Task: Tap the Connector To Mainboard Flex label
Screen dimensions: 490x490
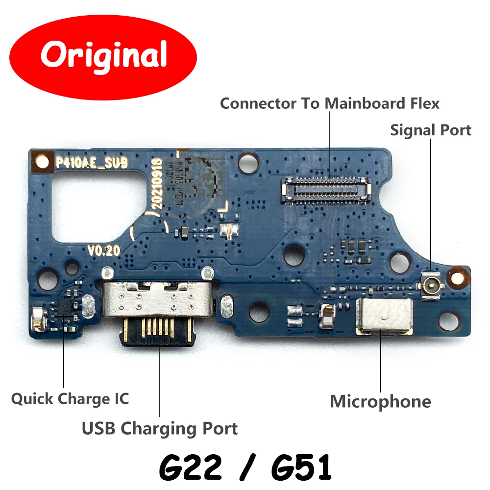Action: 330,103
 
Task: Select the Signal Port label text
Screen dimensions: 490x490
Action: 431,130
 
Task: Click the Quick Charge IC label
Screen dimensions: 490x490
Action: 70,399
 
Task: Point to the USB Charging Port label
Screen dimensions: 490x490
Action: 160,428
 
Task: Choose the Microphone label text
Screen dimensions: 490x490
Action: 381,402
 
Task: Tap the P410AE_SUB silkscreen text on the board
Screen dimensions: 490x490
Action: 92,162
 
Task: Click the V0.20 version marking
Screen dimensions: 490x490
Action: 103,250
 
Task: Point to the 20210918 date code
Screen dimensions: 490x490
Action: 157,183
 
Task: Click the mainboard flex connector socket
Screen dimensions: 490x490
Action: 326,190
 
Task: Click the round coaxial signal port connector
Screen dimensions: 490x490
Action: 433,284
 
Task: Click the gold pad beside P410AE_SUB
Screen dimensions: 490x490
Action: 42,162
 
